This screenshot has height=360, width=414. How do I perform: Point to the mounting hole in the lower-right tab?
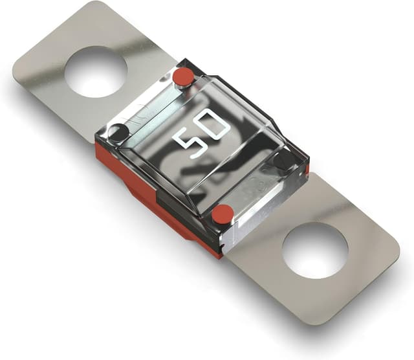[x=315, y=251]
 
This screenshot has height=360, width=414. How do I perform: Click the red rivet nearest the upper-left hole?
[x=183, y=77]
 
